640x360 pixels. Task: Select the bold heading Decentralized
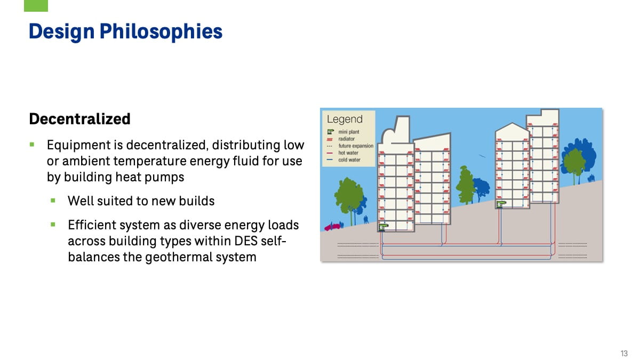[79, 119]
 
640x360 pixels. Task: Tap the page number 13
[624, 354]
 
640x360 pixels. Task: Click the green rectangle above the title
[36, 5]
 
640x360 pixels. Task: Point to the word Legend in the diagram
[344, 119]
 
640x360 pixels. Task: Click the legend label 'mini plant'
[348, 132]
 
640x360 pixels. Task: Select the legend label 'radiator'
[346, 139]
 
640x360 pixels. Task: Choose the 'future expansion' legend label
[356, 146]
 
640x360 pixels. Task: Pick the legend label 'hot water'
[348, 153]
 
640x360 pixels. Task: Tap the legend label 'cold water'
[349, 159]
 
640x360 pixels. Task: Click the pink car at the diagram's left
[333, 226]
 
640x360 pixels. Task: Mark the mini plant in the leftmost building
[383, 227]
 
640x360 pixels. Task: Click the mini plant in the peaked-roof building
[500, 203]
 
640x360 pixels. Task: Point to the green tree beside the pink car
[349, 194]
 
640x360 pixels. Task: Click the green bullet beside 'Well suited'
[53, 201]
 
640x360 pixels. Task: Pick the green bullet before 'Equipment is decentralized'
[33, 145]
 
